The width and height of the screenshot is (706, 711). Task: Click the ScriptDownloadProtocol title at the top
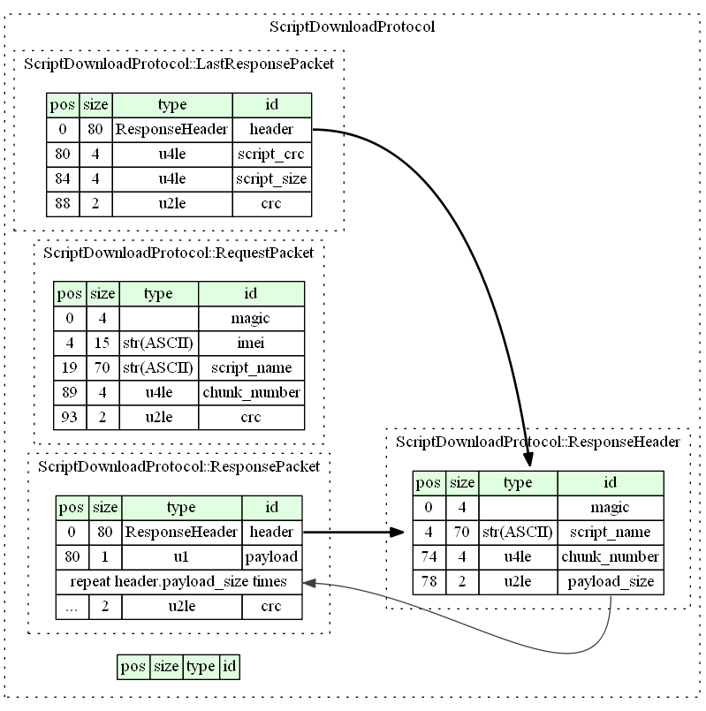click(x=352, y=26)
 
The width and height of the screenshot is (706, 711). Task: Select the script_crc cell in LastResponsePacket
click(x=271, y=155)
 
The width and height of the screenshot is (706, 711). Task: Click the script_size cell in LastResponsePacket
click(x=271, y=179)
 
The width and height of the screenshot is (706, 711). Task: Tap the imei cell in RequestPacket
click(x=251, y=343)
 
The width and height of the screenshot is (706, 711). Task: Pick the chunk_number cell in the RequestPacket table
click(x=251, y=392)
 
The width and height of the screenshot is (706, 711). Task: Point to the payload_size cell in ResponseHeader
click(x=610, y=582)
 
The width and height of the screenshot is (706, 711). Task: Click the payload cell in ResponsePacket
click(x=272, y=557)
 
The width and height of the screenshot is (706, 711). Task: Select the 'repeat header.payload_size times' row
click(x=179, y=582)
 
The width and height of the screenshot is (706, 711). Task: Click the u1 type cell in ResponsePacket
click(x=181, y=557)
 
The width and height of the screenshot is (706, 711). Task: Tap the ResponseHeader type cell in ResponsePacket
click(x=181, y=533)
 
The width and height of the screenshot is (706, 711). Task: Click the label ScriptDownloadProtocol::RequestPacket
click(x=178, y=253)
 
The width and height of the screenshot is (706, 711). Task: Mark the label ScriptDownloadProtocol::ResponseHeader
click(x=538, y=442)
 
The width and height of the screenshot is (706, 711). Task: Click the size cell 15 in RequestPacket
click(x=102, y=343)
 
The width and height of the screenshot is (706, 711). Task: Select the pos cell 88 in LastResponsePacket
click(x=62, y=204)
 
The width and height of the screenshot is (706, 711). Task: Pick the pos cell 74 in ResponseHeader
click(x=429, y=557)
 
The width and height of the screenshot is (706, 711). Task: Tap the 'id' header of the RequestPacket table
click(x=251, y=293)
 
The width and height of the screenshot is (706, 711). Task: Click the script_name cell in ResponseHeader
click(x=610, y=533)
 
